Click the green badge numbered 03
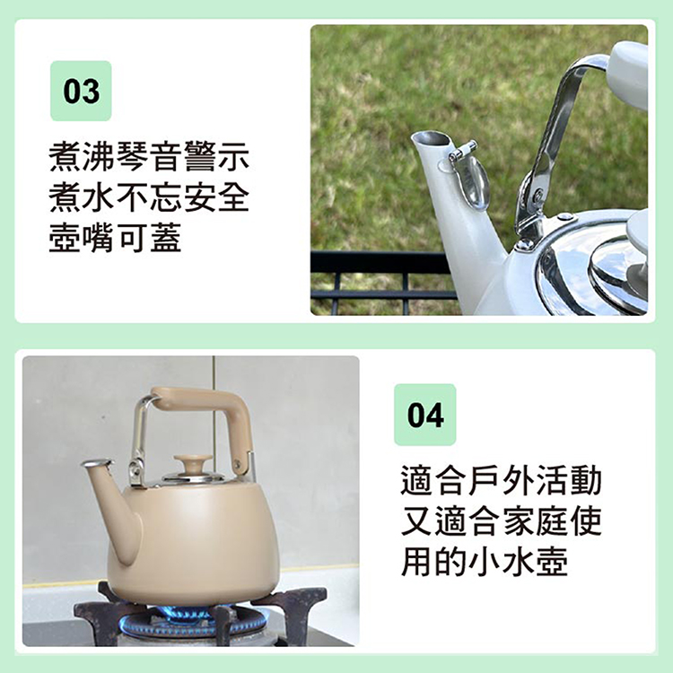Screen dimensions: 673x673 (81, 91)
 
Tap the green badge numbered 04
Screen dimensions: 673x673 (425, 415)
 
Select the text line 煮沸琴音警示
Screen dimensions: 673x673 (148, 157)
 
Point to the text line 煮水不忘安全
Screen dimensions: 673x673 (148, 197)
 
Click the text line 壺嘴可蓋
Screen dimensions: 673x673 (115, 238)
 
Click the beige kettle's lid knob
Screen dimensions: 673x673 (193, 464)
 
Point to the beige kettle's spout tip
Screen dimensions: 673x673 (96, 464)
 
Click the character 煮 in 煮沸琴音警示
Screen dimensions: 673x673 (65, 157)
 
